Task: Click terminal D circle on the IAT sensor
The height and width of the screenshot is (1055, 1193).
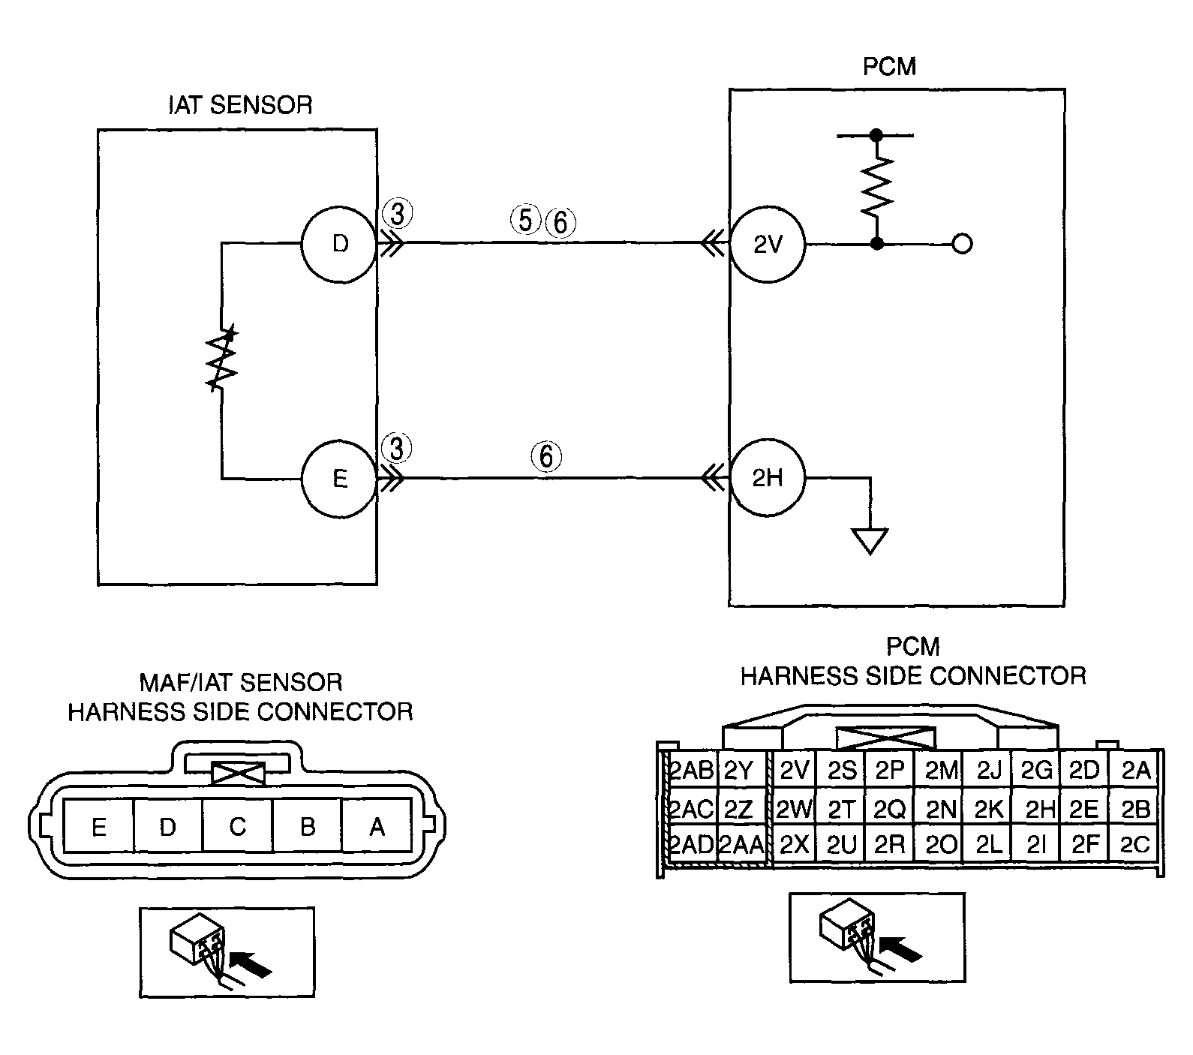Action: pos(339,244)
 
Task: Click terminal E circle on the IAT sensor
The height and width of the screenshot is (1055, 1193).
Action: pos(339,478)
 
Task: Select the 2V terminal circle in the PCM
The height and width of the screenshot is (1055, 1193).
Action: pos(768,244)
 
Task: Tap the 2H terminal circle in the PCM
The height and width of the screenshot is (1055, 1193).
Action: pos(768,478)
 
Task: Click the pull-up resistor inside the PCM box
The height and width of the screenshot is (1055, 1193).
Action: pos(876,185)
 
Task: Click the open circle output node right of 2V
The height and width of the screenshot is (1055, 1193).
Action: pos(962,244)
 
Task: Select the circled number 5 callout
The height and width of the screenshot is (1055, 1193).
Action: pos(525,220)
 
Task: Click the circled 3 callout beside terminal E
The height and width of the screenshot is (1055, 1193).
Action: pos(397,449)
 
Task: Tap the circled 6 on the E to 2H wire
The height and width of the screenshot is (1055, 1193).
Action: pos(546,456)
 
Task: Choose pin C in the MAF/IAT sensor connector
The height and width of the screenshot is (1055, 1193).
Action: pos(237,826)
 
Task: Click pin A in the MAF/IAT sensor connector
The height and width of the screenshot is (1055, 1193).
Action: pos(377,826)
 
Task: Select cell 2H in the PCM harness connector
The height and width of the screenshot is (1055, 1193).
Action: pos(1039,808)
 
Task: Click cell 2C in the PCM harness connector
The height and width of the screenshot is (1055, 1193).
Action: pos(1134,845)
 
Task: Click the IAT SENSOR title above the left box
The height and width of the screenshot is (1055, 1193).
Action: pos(240,105)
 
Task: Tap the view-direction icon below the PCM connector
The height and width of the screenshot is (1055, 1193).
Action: pos(876,937)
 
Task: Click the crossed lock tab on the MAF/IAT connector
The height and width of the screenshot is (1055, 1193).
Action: pos(239,773)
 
